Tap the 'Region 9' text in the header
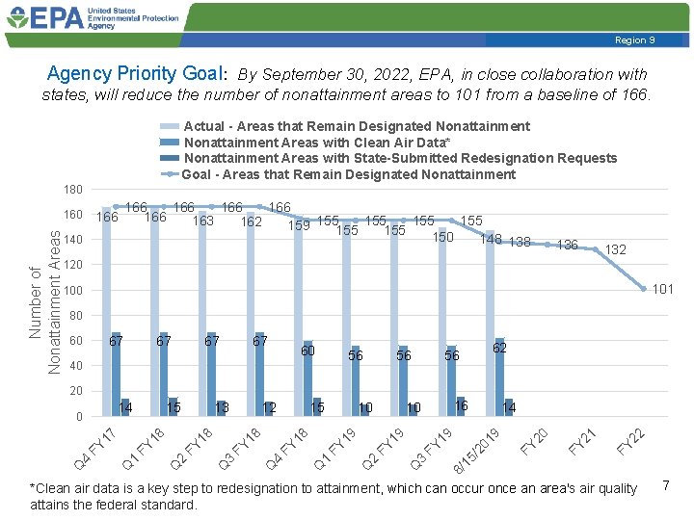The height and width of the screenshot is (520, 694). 636,39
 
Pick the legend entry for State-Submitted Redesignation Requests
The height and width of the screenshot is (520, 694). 400,158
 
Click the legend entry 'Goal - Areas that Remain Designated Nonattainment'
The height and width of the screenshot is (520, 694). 349,174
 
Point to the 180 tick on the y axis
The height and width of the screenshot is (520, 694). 73,189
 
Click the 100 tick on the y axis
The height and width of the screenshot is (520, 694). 73,291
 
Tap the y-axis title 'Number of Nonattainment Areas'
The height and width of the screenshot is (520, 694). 45,300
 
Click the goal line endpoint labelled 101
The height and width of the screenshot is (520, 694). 663,289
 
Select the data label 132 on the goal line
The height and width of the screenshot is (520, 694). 615,250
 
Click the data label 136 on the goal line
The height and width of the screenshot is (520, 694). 567,245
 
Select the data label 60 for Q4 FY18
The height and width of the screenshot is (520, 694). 307,351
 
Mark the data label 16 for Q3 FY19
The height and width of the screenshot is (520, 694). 461,406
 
